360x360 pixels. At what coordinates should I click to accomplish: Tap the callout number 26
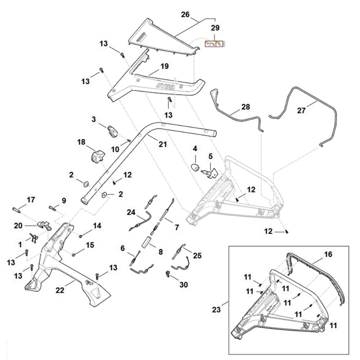[185, 14]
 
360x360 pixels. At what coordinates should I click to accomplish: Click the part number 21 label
[163, 144]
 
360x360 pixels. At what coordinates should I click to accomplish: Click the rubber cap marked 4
[195, 167]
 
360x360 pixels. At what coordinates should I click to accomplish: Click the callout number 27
[301, 111]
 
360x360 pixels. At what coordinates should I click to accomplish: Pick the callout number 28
[246, 107]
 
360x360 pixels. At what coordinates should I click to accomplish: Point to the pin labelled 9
[52, 208]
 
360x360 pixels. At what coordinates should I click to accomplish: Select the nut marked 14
[81, 236]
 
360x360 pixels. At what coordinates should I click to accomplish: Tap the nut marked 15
[74, 255]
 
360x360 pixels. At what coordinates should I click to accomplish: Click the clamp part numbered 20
[44, 225]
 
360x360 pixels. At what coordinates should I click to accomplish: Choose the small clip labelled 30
[167, 274]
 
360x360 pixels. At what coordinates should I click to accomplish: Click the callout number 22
[60, 290]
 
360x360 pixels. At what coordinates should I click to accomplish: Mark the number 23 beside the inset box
[216, 310]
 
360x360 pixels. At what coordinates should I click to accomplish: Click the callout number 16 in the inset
[328, 254]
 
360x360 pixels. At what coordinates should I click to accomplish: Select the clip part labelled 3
[112, 131]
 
